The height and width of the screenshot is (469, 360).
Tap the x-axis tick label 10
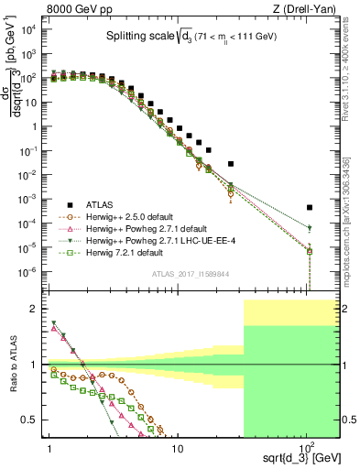coord(178,449)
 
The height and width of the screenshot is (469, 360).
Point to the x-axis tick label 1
coord(47,449)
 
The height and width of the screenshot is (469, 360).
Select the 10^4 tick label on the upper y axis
coord(29,29)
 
